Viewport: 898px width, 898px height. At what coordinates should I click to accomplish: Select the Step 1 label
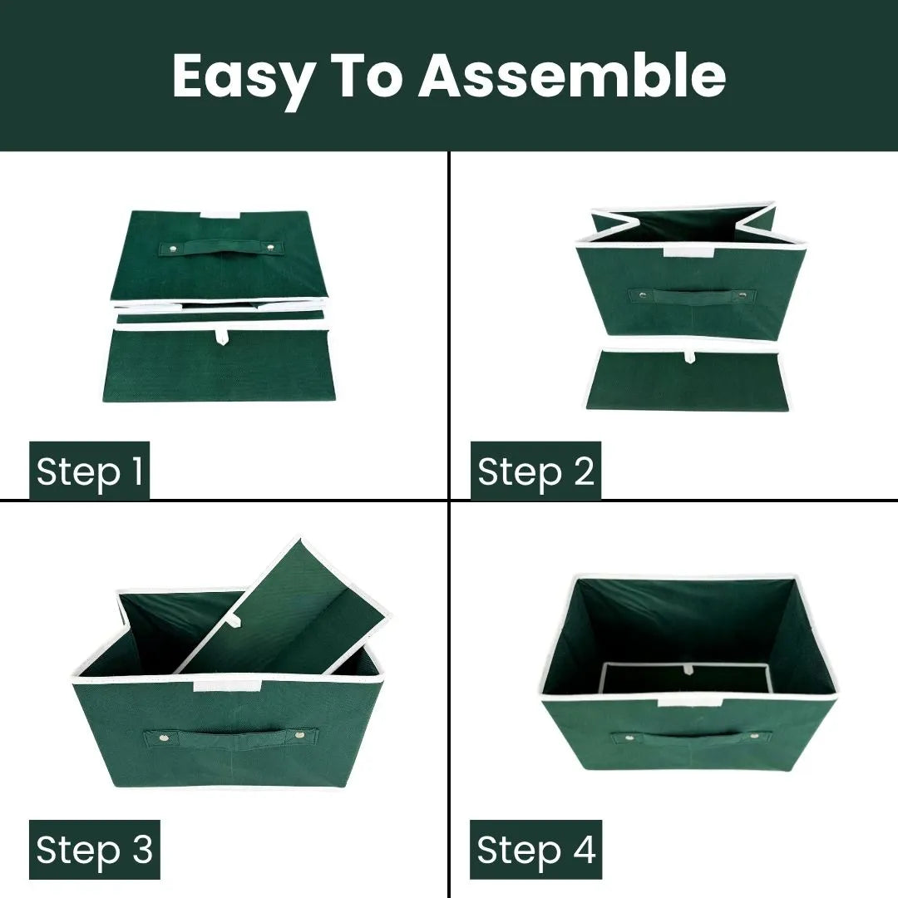click(89, 471)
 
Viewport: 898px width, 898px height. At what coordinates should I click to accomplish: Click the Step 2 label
click(535, 471)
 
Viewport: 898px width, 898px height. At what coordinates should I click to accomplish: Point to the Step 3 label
click(95, 849)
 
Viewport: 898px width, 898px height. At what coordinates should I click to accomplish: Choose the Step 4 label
click(536, 849)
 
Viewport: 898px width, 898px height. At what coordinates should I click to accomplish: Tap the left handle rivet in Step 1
click(171, 248)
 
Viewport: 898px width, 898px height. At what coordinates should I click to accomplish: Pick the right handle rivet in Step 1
click(269, 248)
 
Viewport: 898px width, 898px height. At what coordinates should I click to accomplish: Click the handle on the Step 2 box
click(692, 296)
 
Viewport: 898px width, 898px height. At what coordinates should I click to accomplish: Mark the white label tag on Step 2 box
click(688, 252)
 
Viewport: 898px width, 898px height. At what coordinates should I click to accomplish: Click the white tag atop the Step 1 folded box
click(220, 215)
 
